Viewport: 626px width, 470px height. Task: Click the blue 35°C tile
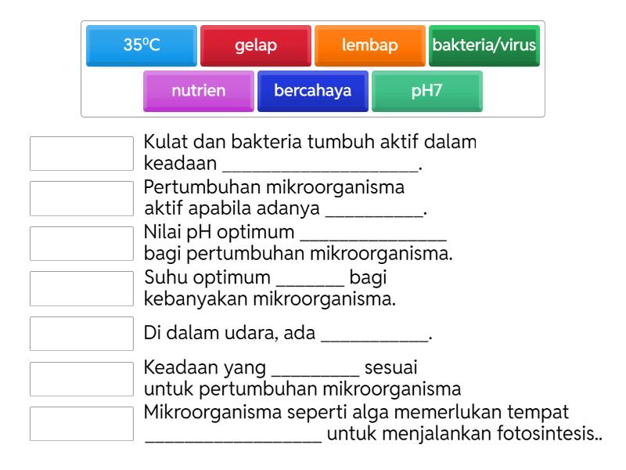(x=142, y=45)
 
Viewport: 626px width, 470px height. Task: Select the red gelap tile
(x=256, y=45)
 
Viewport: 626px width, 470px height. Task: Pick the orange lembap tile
(x=370, y=45)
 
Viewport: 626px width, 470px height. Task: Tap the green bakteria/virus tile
(x=484, y=45)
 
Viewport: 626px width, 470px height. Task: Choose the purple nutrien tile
(x=199, y=91)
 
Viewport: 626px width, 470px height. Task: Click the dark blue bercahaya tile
(x=313, y=91)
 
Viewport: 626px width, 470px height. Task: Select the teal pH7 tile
(x=427, y=91)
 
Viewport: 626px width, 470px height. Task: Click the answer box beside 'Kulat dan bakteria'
(x=81, y=154)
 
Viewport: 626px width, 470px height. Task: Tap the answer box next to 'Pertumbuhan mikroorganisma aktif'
(x=81, y=199)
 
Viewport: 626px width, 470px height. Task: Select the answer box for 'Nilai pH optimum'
(x=81, y=244)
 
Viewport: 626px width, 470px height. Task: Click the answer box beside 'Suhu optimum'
(x=81, y=288)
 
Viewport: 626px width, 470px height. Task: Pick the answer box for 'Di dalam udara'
(x=81, y=334)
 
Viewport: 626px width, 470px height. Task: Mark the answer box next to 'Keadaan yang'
(x=81, y=378)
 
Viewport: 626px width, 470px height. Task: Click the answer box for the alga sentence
(x=81, y=423)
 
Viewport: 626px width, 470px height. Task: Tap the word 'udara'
(x=235, y=334)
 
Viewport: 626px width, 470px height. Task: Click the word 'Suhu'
(x=161, y=278)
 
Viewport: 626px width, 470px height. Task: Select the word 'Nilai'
(x=161, y=233)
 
